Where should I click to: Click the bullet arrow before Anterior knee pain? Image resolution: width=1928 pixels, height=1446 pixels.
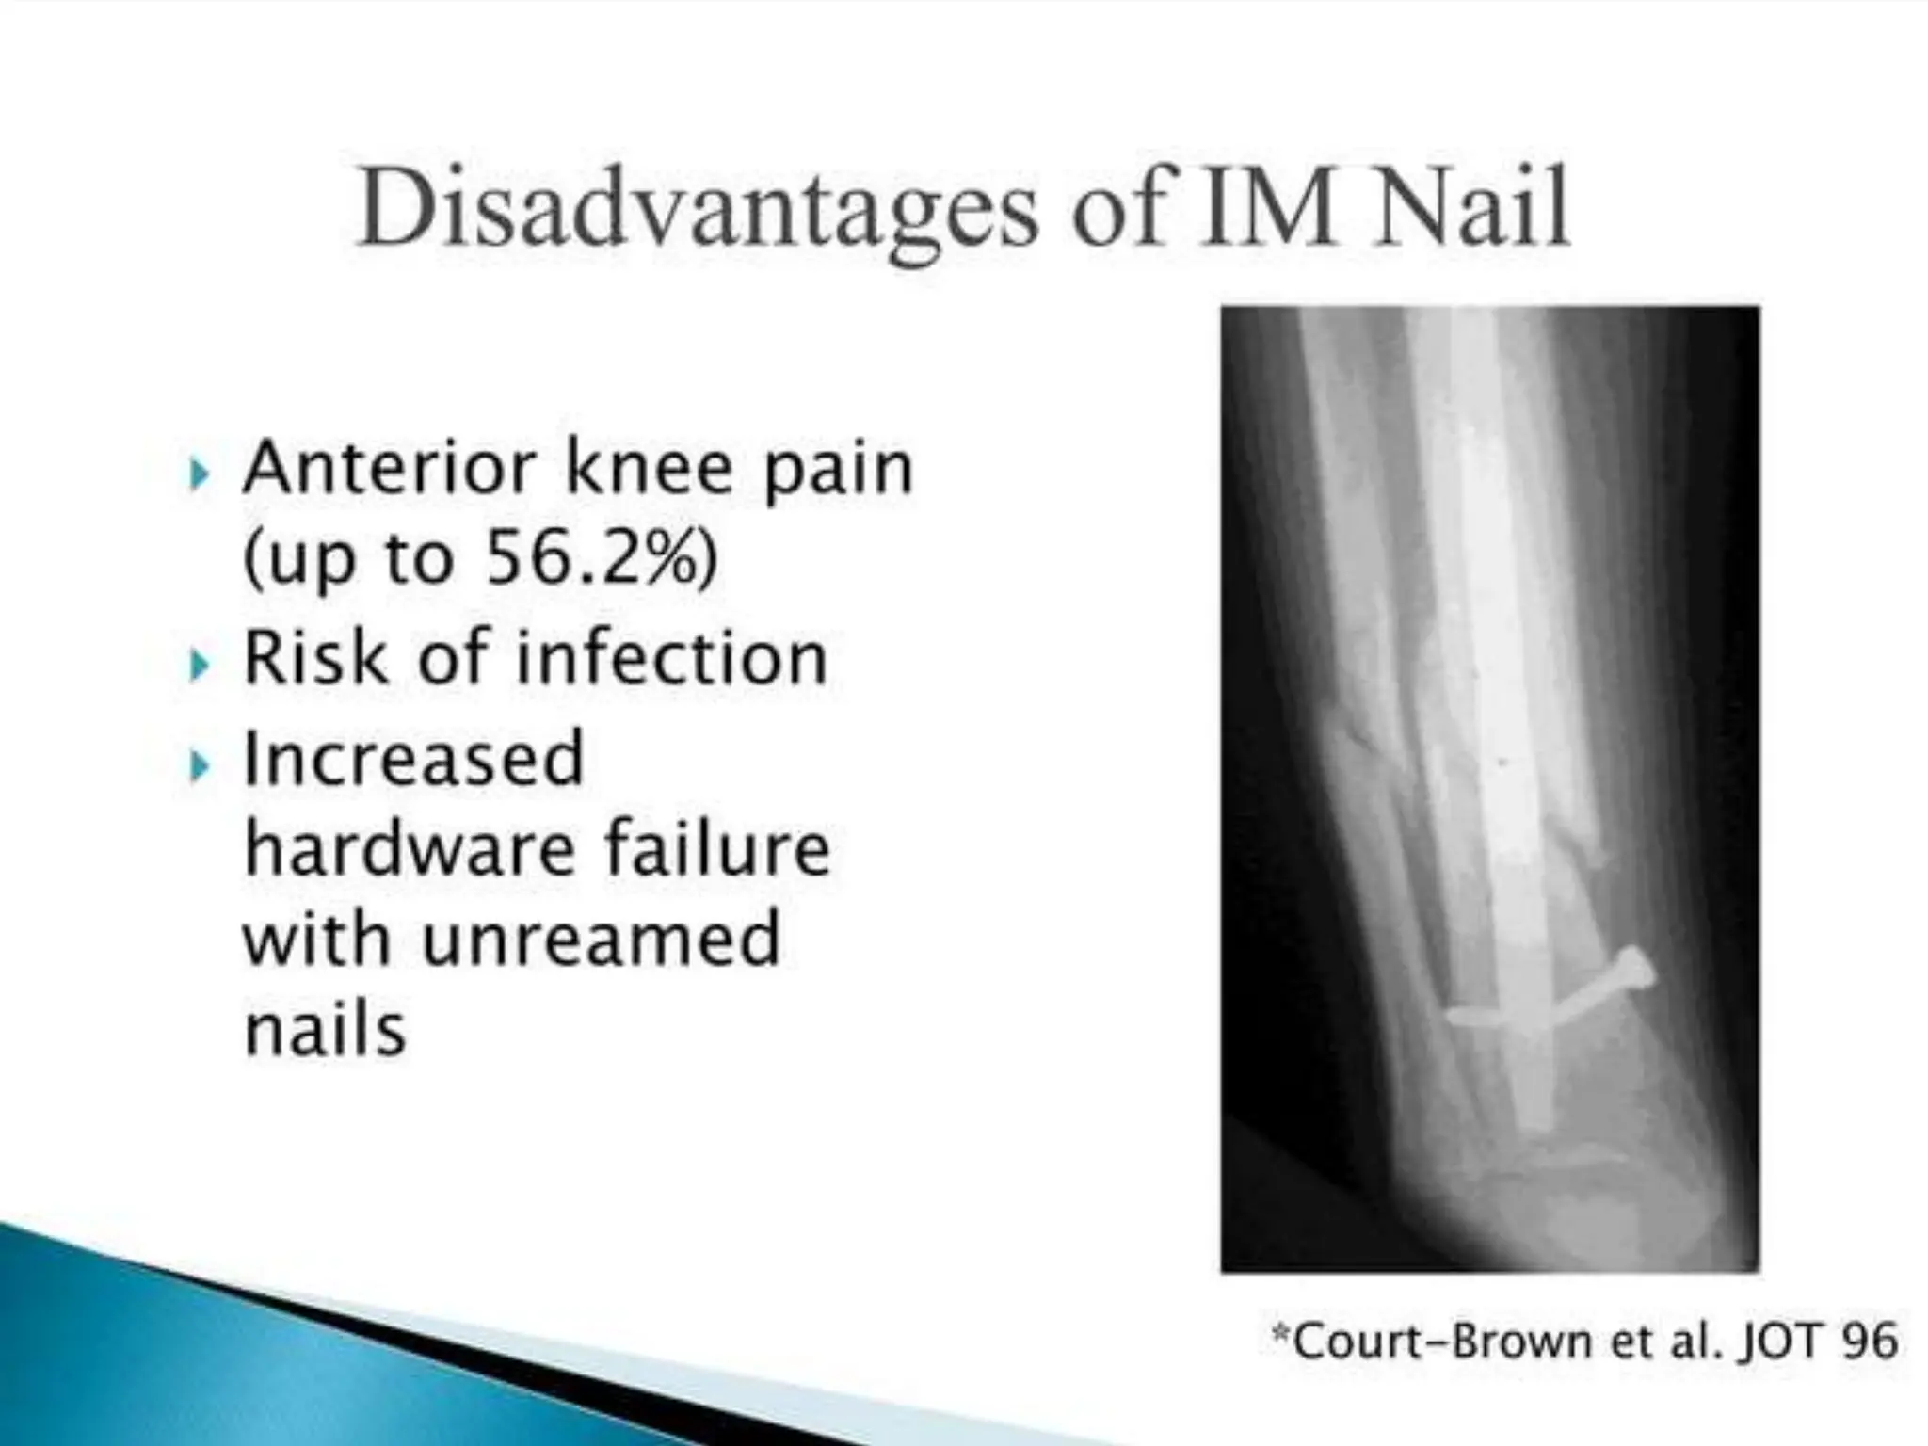tap(198, 474)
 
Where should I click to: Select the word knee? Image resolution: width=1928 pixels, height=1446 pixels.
tap(648, 468)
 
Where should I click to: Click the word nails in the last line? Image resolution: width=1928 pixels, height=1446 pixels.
tap(325, 1028)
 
